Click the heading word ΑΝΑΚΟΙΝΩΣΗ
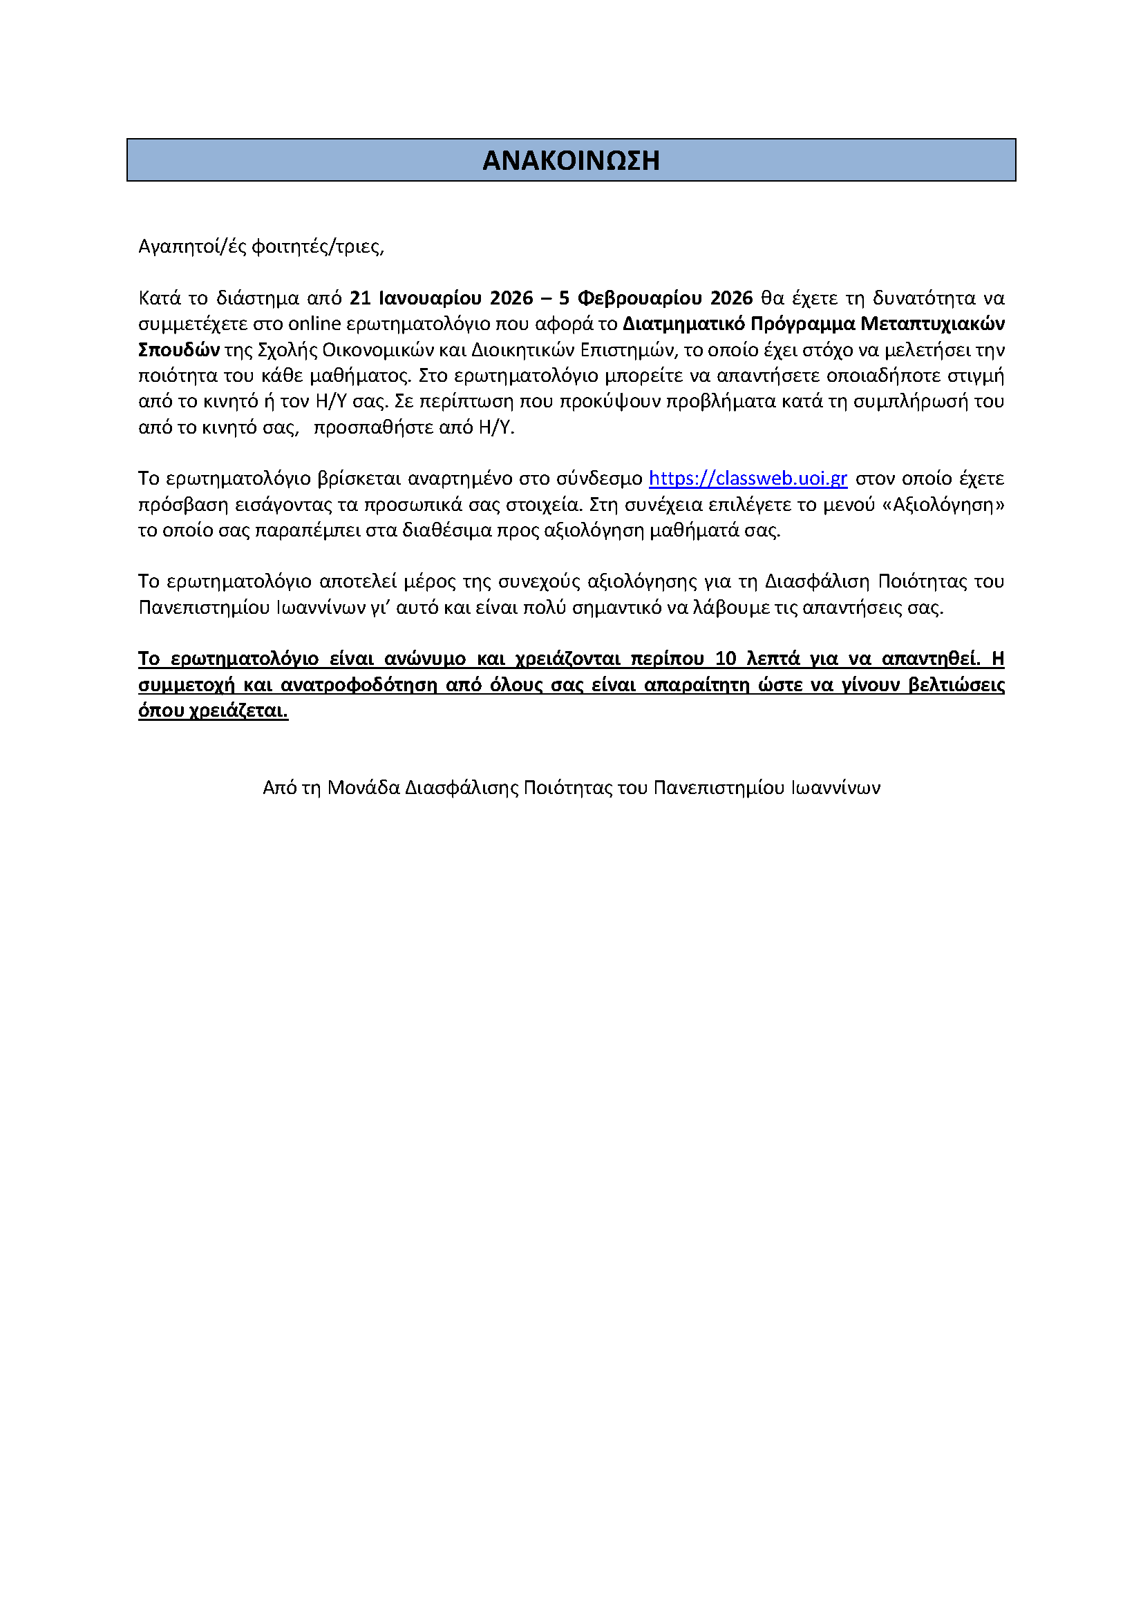coord(571,160)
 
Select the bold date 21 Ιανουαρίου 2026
coord(442,298)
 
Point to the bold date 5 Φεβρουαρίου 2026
coord(656,298)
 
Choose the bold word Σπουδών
coord(179,350)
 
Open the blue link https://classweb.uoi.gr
coord(748,479)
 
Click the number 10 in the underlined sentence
coord(726,659)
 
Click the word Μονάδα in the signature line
coord(364,788)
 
